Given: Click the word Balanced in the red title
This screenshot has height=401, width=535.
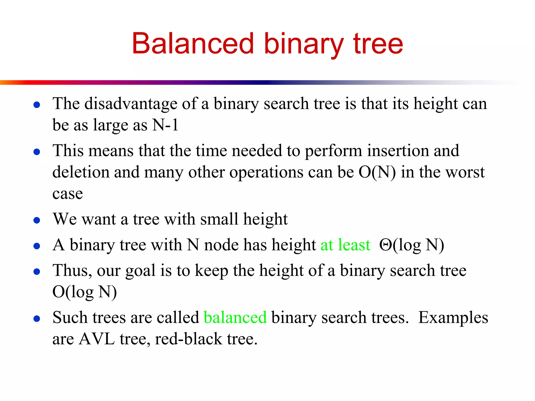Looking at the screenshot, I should [x=193, y=44].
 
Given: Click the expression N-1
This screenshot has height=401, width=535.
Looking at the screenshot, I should [x=165, y=125].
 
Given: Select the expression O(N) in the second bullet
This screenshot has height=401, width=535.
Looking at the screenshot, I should [x=377, y=173].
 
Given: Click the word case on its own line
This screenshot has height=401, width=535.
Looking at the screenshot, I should [x=68, y=194].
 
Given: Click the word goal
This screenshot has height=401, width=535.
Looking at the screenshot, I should [x=141, y=271].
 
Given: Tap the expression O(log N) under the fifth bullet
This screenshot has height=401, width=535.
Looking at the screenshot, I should [x=84, y=292].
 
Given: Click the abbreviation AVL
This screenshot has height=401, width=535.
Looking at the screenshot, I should [x=97, y=339].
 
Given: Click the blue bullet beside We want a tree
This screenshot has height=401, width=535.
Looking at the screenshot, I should [x=37, y=220].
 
